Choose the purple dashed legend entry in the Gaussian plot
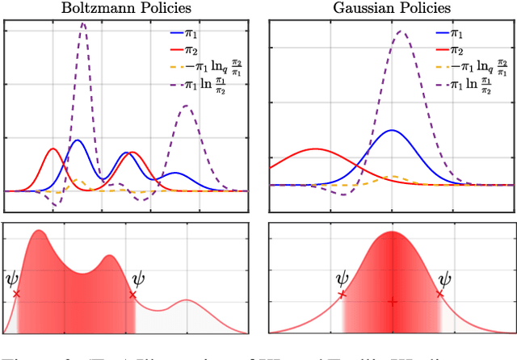pyautogui.click(x=460, y=85)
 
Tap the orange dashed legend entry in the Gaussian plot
pyautogui.click(x=460, y=68)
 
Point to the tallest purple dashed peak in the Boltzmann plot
pyautogui.click(x=83, y=23)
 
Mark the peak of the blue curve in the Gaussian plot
pyautogui.click(x=392, y=130)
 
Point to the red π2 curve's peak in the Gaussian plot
pyautogui.click(x=313, y=149)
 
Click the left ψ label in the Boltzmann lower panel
pyautogui.click(x=11, y=280)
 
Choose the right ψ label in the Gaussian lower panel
pyautogui.click(x=443, y=280)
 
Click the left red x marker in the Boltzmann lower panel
pyautogui.click(x=17, y=295)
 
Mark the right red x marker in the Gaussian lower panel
pyautogui.click(x=439, y=295)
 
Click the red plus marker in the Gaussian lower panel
pyautogui.click(x=392, y=302)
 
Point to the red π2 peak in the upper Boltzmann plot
pyautogui.click(x=53, y=149)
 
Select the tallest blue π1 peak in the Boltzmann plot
pyautogui.click(x=78, y=140)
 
